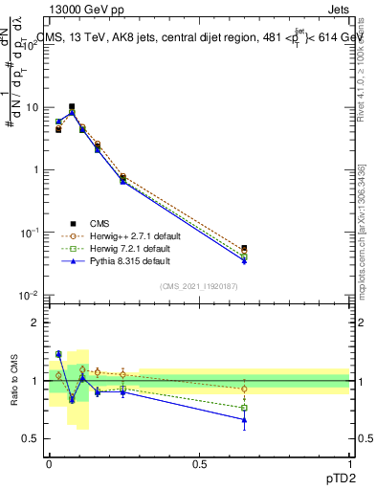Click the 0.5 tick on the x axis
[199, 464]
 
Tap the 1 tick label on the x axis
[349, 464]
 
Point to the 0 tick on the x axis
[49, 464]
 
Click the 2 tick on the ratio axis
[35, 323]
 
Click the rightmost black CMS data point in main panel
[244, 248]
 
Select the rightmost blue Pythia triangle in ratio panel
[244, 419]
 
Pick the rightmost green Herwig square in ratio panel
[244, 408]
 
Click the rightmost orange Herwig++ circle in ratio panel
[244, 389]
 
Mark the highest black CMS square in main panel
[72, 106]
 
